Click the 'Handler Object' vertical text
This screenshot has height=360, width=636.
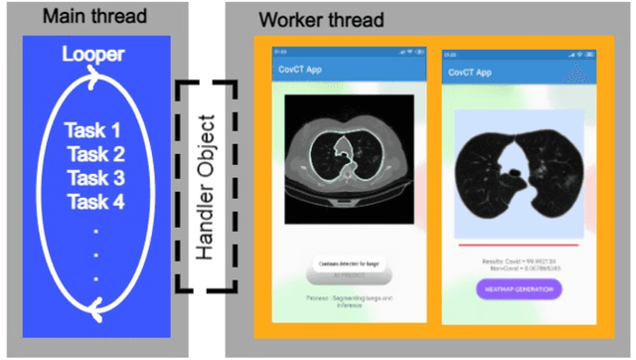[206, 188]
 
